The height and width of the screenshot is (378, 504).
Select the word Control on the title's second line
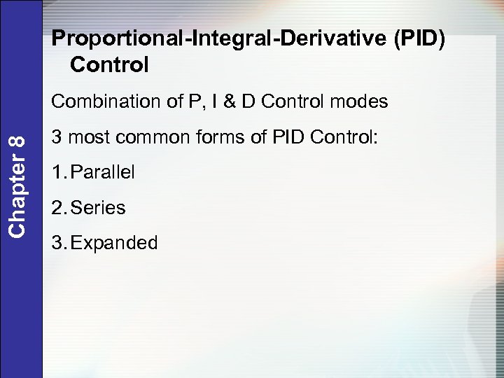[x=110, y=65]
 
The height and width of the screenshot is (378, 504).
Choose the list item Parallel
[x=103, y=172]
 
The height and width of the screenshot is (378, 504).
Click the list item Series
[x=99, y=208]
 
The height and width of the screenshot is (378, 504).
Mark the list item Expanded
[x=115, y=243]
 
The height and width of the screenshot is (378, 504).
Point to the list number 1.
[x=58, y=172]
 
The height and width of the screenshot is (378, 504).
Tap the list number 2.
[x=58, y=208]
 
